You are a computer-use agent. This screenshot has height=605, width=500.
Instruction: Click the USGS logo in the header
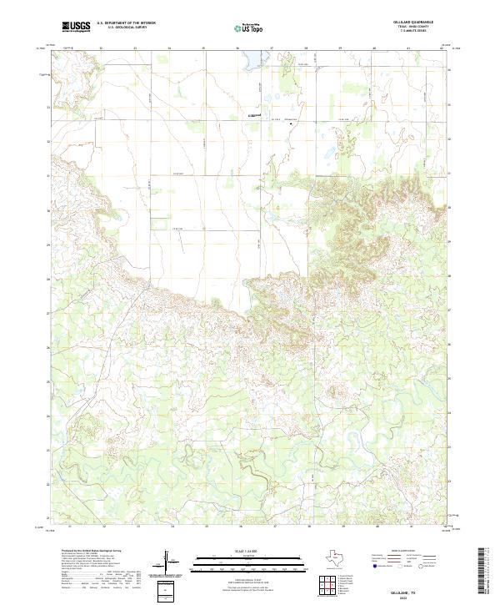[x=75, y=28]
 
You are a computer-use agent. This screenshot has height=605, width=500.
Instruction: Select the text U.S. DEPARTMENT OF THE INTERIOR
[x=126, y=23]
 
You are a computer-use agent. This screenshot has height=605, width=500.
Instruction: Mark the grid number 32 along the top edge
[x=101, y=48]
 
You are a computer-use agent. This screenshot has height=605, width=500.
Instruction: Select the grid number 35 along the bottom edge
[x=206, y=527]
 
